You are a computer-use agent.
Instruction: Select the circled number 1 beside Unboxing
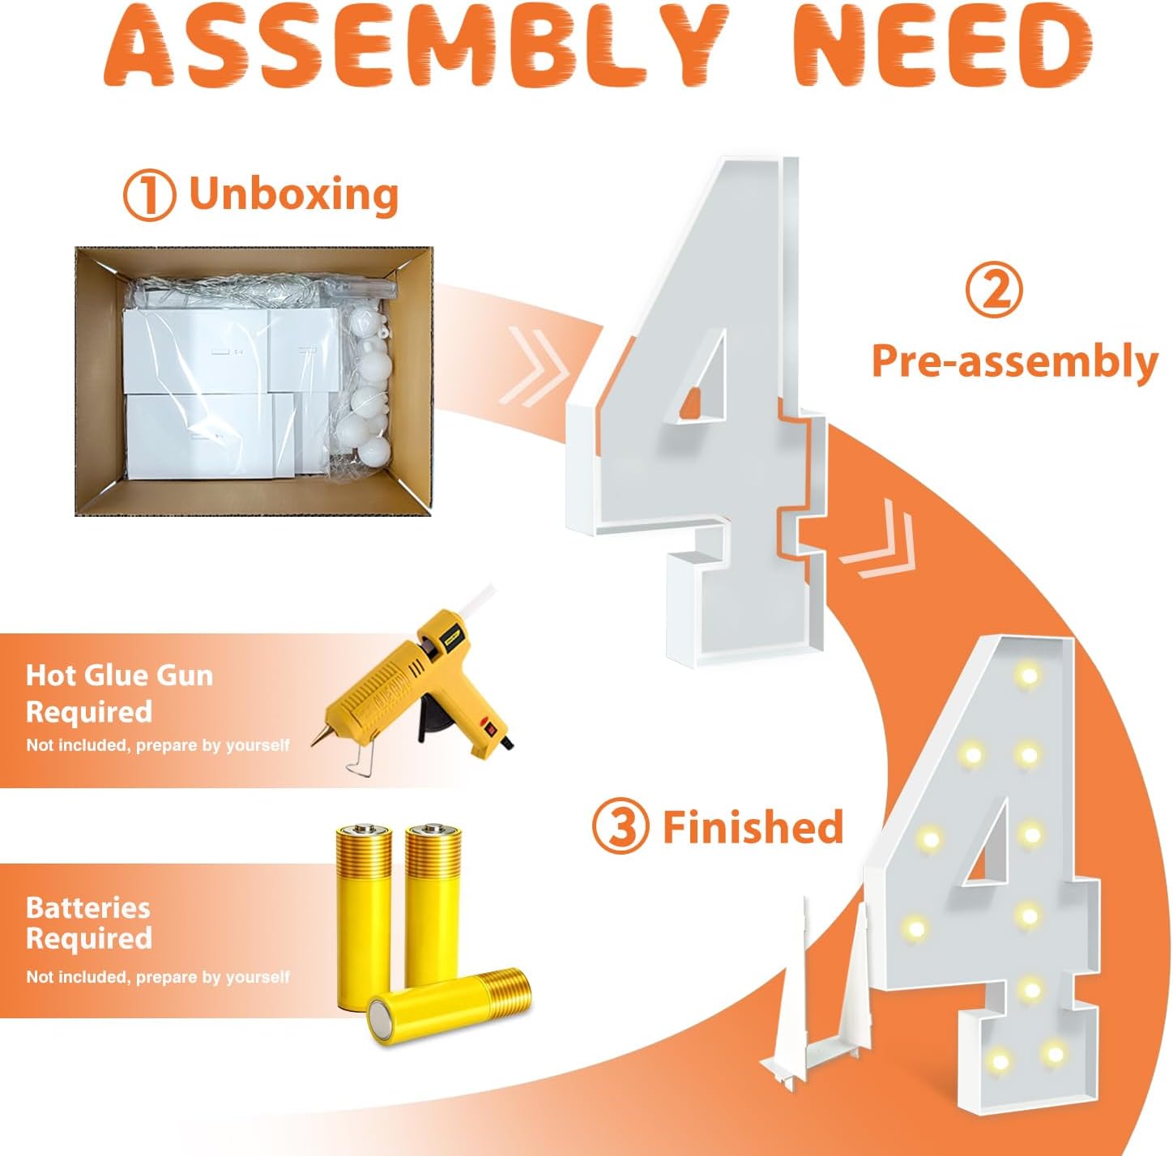point(149,194)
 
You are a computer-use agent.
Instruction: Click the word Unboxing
point(294,194)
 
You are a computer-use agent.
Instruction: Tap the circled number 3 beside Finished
point(621,826)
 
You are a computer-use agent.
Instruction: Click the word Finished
point(753,826)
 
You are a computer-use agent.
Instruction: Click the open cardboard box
point(254,381)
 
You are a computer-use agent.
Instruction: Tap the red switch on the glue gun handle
point(488,726)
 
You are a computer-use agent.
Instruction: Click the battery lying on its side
point(449,1006)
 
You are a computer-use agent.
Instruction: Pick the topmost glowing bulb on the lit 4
point(1028,675)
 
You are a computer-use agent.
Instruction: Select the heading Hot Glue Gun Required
point(119,693)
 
